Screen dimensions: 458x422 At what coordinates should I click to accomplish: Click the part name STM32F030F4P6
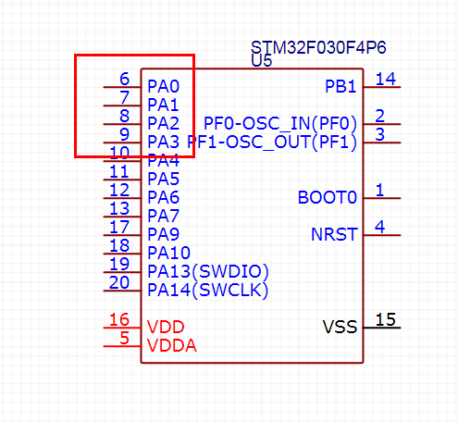coord(318,48)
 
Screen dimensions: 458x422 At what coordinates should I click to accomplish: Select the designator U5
coord(262,61)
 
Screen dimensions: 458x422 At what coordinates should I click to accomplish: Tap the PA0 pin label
coord(163,86)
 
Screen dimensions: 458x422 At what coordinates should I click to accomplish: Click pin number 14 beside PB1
coord(386,79)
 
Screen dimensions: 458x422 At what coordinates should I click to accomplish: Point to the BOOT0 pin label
coord(328,197)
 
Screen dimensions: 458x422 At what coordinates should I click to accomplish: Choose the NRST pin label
coord(334,234)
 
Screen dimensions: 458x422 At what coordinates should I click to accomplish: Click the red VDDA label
coord(171,345)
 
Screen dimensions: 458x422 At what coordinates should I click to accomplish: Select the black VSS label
coord(340,327)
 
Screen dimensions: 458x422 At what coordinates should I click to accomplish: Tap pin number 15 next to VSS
coord(386,319)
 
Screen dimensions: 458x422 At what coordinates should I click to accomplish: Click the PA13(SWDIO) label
coord(208,271)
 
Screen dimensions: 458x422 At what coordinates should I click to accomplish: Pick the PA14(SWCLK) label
coord(208,290)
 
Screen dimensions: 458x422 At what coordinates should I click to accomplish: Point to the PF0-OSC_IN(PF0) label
coord(280,123)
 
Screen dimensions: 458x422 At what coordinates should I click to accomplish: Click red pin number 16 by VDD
coord(119,319)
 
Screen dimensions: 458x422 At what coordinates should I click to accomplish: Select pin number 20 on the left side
coord(119,282)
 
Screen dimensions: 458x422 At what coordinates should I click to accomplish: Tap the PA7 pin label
coord(163,216)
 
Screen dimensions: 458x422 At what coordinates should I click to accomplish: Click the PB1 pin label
coord(340,86)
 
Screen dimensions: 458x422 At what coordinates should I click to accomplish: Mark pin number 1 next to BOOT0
coord(379,190)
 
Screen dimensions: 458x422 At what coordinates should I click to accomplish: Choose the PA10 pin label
coord(168,253)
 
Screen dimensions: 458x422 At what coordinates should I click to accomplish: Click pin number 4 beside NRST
coord(379,227)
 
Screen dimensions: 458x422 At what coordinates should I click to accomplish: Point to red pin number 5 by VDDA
coord(124,338)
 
